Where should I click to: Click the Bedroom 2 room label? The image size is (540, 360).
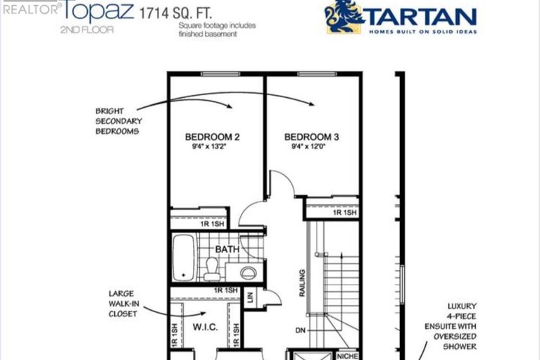pos(212,137)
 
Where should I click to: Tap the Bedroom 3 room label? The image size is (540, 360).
pos(311,137)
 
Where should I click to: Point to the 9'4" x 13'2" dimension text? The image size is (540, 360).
pos(211,147)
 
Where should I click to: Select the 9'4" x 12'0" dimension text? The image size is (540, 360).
pos(308,147)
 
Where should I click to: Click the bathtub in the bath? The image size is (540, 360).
pos(184,257)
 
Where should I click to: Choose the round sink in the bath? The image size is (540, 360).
pos(248,273)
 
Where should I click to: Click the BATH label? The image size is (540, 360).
pos(227,249)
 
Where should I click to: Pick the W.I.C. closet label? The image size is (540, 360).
pos(205,327)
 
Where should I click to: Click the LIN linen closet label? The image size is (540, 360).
pos(251,297)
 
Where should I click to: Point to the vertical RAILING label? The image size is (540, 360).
pos(302,283)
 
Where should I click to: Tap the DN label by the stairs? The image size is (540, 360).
pos(301,330)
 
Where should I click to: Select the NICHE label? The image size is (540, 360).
pos(348,356)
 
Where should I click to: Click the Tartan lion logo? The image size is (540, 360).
pos(344,16)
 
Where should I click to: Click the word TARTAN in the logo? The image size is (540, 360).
pos(422,17)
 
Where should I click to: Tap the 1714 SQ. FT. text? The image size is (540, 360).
pos(175,13)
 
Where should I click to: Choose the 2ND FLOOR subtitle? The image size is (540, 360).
pos(87,30)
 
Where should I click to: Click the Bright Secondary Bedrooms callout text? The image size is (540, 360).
pos(119,121)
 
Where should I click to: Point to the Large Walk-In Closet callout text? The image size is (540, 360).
pos(124,304)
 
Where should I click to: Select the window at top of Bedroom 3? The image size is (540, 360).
pos(317,74)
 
